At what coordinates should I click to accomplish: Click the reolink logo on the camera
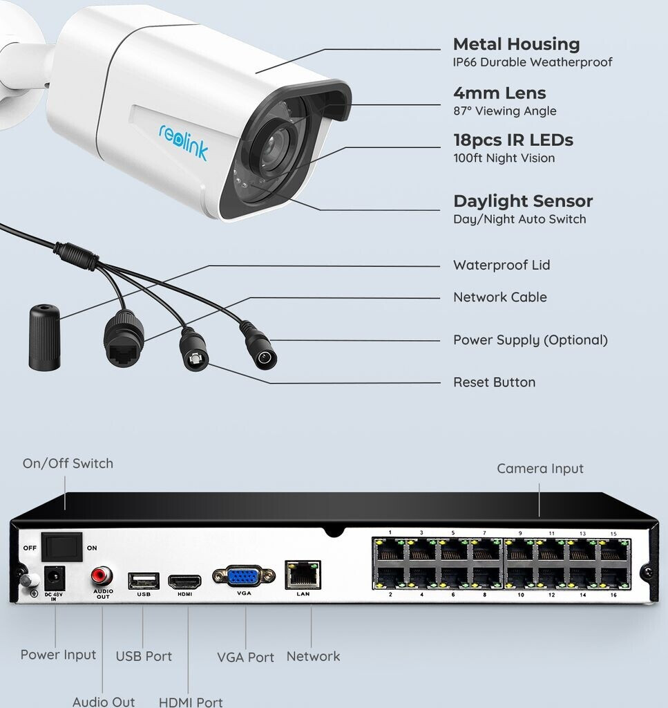[183, 141]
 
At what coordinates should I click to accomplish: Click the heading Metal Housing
[516, 44]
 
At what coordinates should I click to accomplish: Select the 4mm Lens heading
[499, 93]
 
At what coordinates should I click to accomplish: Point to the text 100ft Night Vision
[504, 158]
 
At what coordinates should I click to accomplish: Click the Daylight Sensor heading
[523, 201]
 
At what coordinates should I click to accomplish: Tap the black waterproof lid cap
[44, 337]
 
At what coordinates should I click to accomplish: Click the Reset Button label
[494, 382]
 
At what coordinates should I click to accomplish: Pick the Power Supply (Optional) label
[530, 340]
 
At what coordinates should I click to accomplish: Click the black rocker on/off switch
[62, 547]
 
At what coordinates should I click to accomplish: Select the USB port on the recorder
[143, 580]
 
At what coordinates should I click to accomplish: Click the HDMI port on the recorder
[184, 581]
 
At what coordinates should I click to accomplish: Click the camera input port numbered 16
[612, 577]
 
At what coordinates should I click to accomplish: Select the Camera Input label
[540, 469]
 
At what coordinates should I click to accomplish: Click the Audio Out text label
[104, 702]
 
